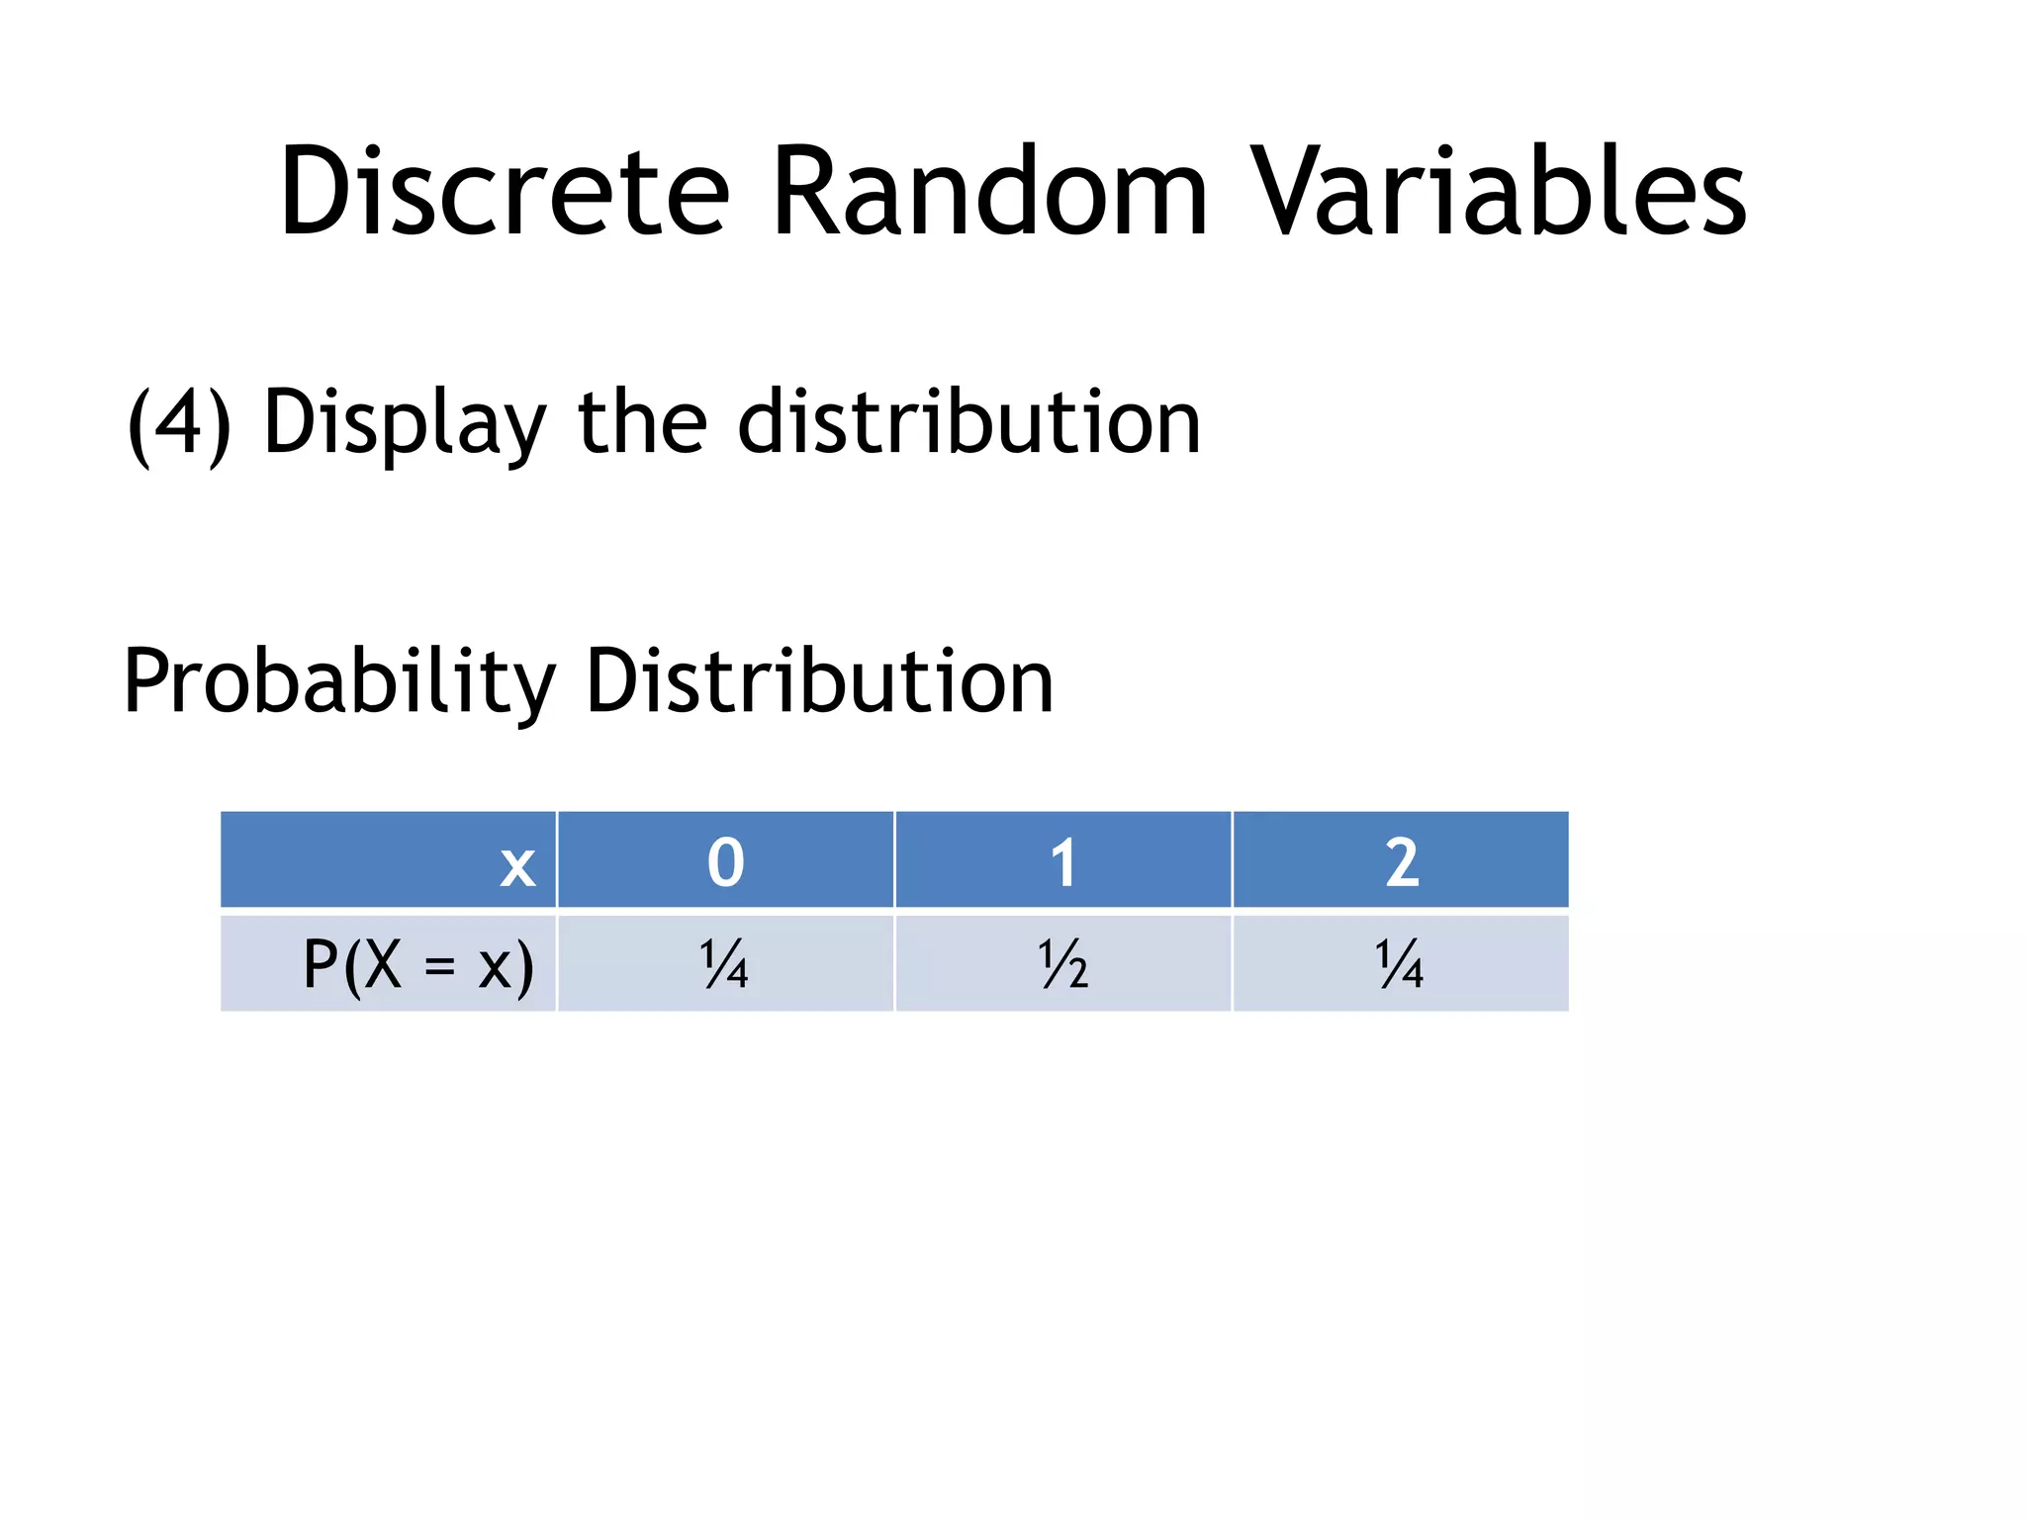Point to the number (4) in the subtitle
coord(179,423)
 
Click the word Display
coord(405,423)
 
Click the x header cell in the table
coord(517,863)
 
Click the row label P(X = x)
coord(417,965)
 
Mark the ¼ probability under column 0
coord(725,965)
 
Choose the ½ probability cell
coord(1063,965)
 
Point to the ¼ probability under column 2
coord(1401,965)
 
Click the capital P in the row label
coord(321,964)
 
